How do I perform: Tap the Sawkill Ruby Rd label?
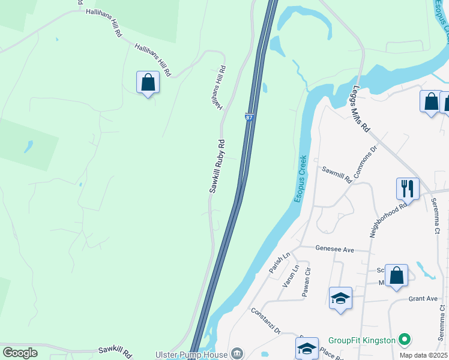[x=217, y=166]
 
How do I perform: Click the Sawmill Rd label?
[x=336, y=174]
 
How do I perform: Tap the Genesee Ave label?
[x=336, y=248]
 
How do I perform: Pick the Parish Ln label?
[x=279, y=262]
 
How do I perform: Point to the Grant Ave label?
[x=423, y=298]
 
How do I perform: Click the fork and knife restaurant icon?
[x=408, y=188]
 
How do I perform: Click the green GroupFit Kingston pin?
[x=405, y=340]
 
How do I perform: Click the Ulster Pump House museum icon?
[x=238, y=354]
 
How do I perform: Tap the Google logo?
[x=20, y=353]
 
